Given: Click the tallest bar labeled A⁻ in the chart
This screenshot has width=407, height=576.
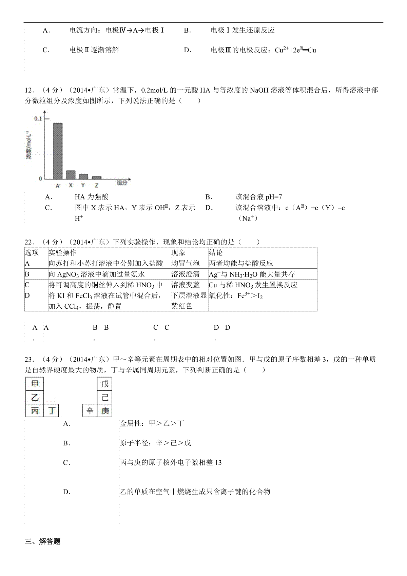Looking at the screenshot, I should (x=58, y=151).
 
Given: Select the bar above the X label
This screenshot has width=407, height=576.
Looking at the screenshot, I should (x=71, y=175).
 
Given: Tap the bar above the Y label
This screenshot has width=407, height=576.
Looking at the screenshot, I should (x=83, y=176).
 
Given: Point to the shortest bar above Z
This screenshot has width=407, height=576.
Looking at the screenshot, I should (x=97, y=177).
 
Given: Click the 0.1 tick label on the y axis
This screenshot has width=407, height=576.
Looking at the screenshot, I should (x=38, y=118).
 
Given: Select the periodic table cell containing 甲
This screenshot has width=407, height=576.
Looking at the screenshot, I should (x=35, y=384).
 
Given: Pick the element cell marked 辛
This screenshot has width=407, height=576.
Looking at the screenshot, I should (x=90, y=411).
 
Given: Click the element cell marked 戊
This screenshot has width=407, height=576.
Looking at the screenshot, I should (x=105, y=384).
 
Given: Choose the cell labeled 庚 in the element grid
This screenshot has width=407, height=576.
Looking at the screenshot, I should (x=105, y=411).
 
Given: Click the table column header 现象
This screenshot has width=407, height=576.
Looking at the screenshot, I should (x=178, y=253).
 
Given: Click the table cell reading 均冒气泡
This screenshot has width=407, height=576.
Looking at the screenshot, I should (x=186, y=263).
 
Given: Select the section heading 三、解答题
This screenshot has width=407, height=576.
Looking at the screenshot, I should (x=43, y=542).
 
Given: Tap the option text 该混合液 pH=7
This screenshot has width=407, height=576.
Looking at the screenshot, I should (x=258, y=197).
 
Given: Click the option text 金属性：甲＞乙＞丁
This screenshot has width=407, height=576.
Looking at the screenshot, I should (x=152, y=423).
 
